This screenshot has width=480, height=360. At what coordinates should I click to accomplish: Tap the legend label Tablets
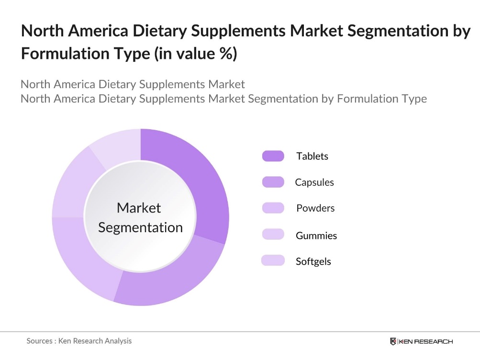pos(312,156)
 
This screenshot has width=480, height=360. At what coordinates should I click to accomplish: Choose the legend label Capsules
pos(314,182)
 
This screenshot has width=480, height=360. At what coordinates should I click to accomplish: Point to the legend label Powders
pos(315,208)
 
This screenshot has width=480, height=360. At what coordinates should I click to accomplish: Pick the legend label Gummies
pos(316,236)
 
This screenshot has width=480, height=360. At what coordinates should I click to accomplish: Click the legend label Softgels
pos(313,261)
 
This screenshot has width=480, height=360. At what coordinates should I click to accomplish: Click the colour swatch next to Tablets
pos(273,156)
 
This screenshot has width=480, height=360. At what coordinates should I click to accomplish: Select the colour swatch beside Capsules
pos(273,182)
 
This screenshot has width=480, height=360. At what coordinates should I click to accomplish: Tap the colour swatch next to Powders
pos(273,208)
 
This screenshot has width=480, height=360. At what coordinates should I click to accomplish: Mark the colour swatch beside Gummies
pos(273,235)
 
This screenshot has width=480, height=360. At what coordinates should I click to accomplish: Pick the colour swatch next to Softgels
pos(273,260)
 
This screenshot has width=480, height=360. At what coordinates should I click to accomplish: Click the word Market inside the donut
pos(139,208)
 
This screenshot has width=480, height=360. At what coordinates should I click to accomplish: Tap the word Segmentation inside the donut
pos(140,227)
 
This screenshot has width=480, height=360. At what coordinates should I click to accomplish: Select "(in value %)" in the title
pos(195,54)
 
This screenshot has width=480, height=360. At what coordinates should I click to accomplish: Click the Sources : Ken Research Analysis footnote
pos(79,341)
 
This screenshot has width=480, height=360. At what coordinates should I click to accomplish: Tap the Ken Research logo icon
pos(393,341)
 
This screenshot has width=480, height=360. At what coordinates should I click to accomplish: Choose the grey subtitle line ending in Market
pos(133,85)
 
